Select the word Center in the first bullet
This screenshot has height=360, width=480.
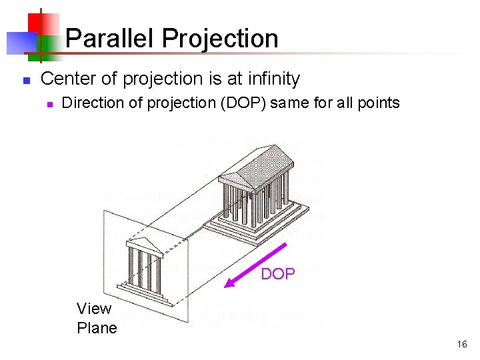66,79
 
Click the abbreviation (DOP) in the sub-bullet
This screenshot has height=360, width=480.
244,103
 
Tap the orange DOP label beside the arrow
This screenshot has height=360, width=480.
277,274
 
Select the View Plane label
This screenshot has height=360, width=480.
97,318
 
